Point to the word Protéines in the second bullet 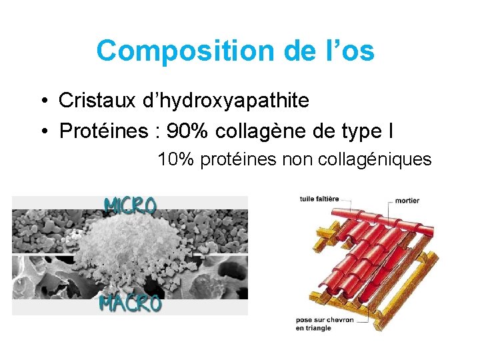pos(103,131)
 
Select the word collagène pos(261,131)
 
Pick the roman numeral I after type pos(389,131)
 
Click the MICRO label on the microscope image pos(130,205)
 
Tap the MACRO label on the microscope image pos(130,304)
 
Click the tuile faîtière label pos(319,199)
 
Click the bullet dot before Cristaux pos(43,101)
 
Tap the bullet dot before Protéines pos(43,131)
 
